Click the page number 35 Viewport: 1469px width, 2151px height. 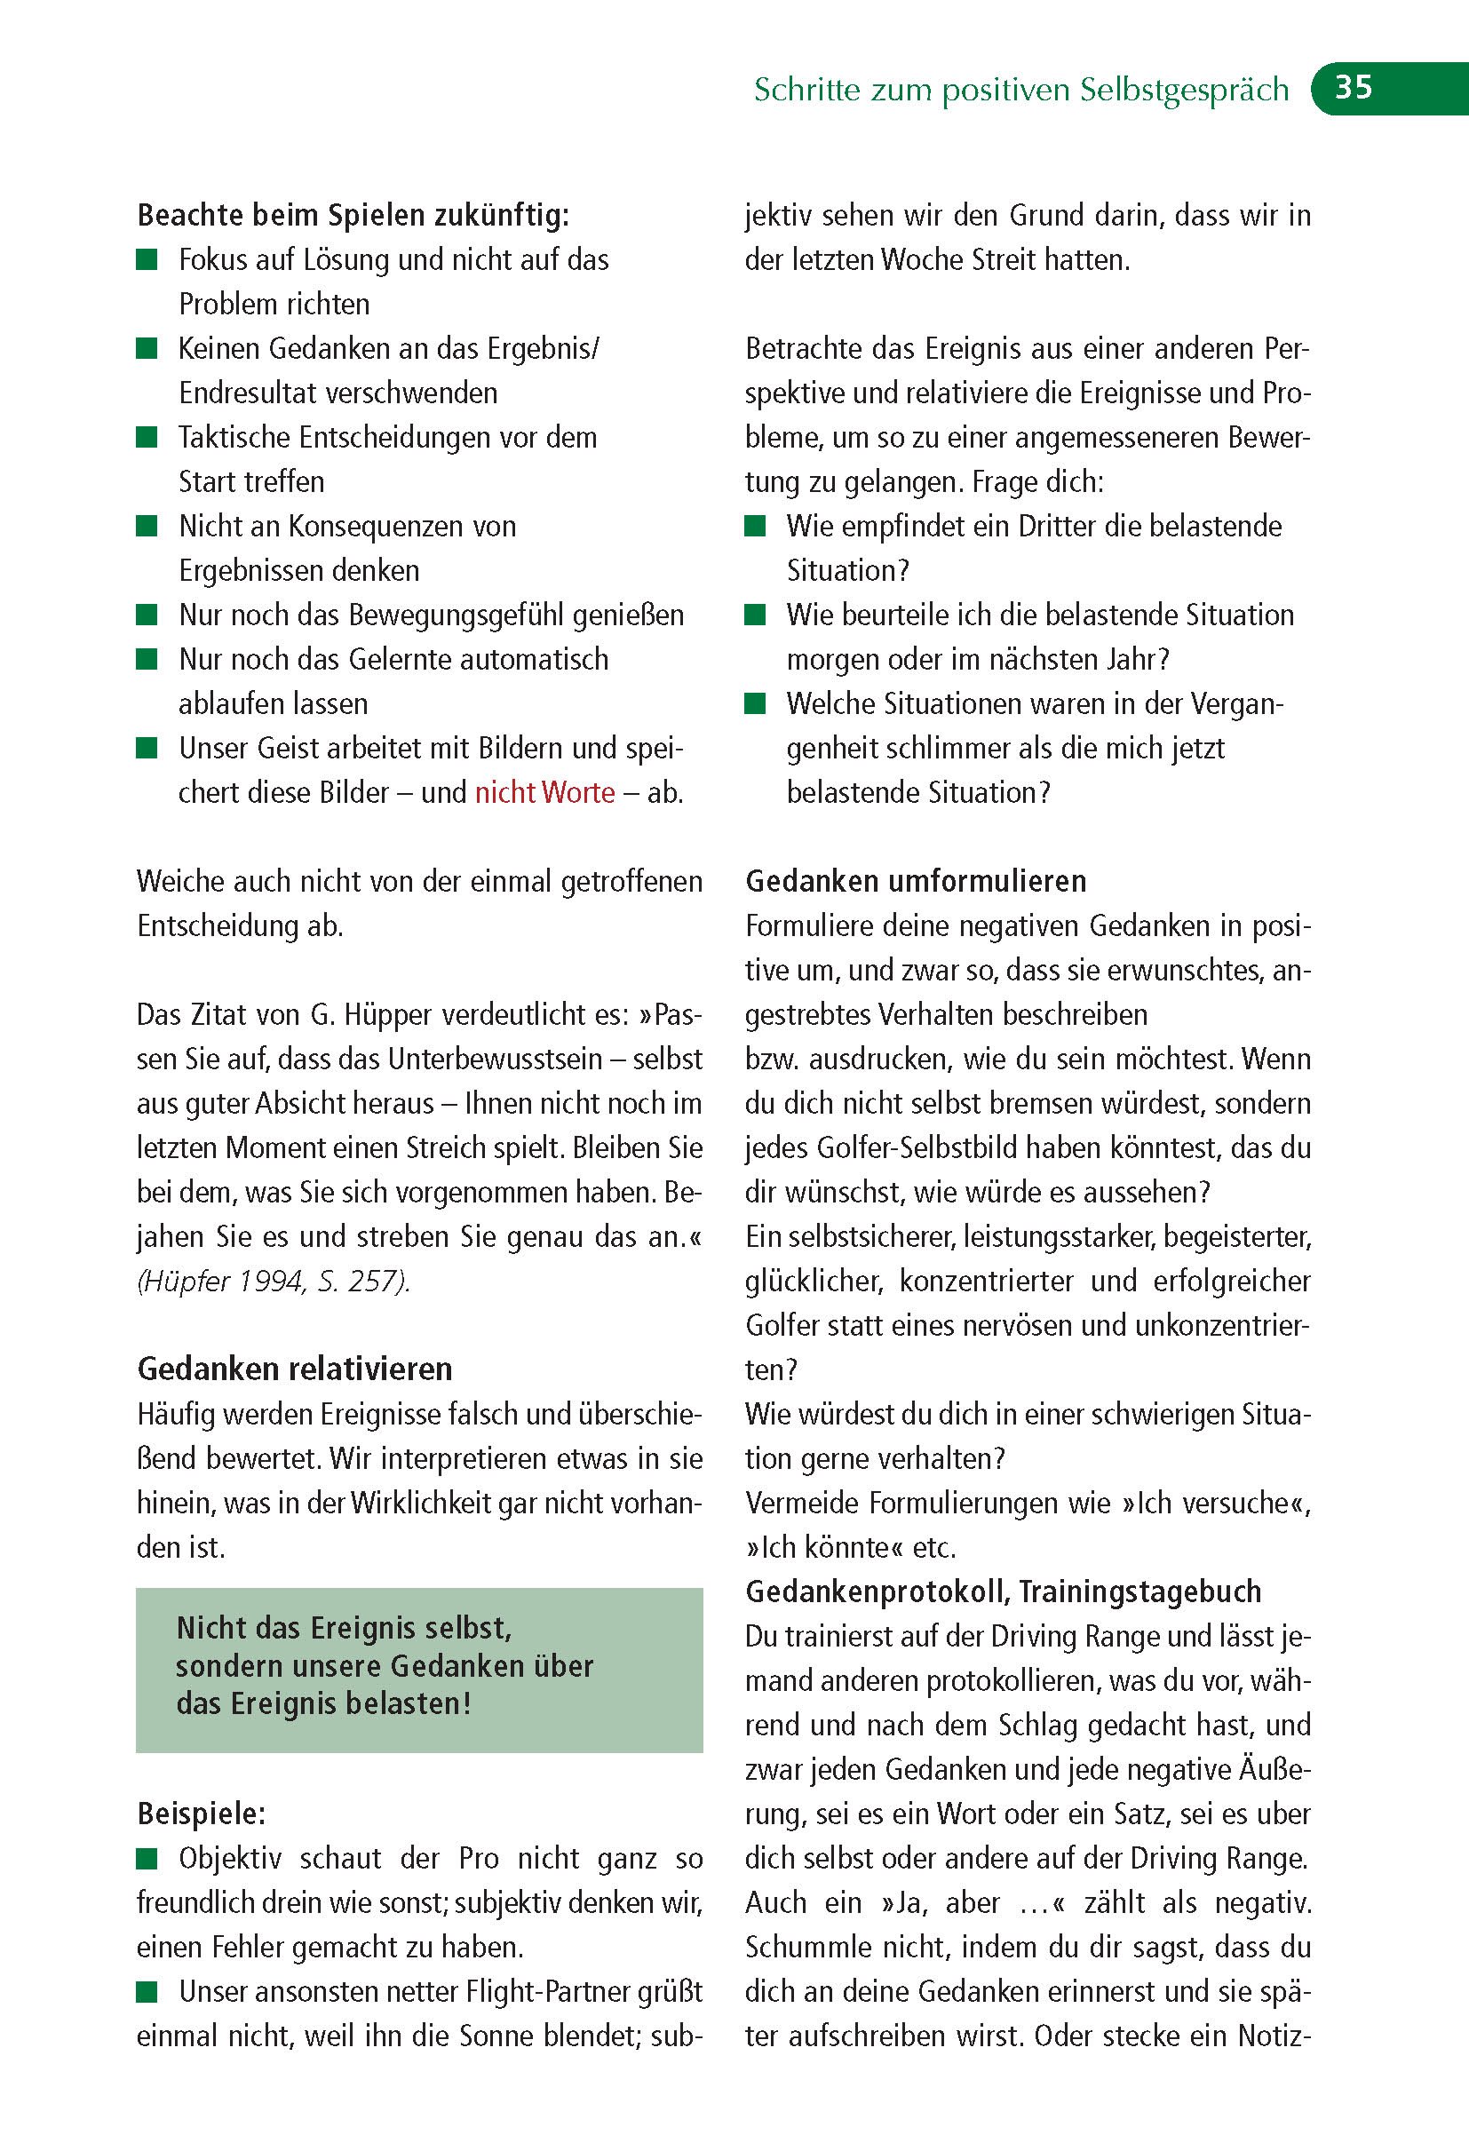1353,88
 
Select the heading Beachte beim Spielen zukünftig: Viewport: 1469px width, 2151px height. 353,216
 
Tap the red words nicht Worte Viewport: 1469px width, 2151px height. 544,793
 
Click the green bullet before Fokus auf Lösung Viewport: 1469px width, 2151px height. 147,259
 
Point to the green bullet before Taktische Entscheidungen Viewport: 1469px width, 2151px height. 147,437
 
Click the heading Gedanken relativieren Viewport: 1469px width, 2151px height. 294,1369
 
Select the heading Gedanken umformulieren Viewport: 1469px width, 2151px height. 916,880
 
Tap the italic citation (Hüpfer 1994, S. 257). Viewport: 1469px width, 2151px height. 273,1281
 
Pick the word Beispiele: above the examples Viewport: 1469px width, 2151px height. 201,1814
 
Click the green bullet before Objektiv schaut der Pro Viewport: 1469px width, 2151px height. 147,1858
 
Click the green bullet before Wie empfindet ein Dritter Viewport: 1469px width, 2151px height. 755,526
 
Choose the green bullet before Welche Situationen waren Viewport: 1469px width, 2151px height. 755,703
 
